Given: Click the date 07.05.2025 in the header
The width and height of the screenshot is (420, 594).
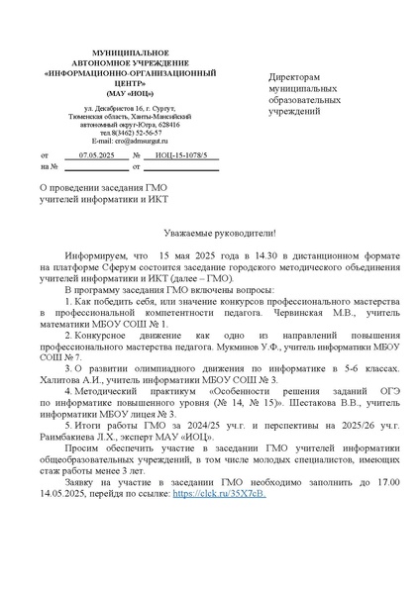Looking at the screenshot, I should click(x=96, y=155).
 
